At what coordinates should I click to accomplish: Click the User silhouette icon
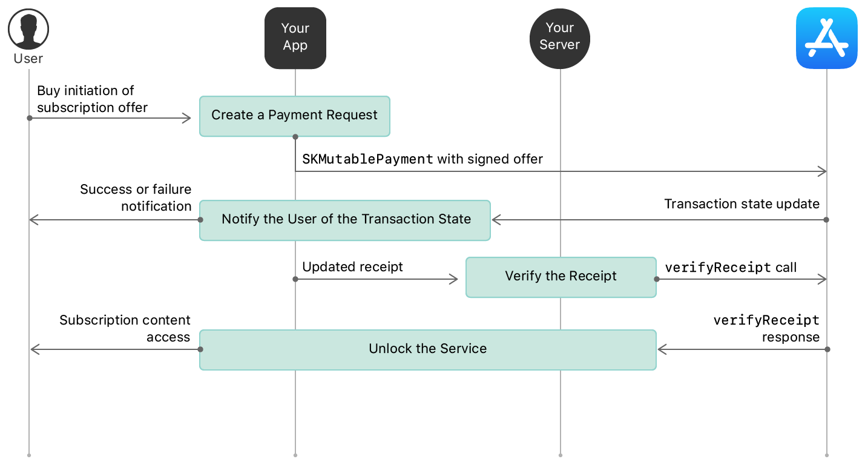(x=28, y=29)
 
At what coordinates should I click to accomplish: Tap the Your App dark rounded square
(x=295, y=38)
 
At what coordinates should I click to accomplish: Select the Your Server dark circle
(x=560, y=38)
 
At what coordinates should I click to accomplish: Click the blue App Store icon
(x=827, y=38)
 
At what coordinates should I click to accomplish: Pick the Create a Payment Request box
(x=295, y=116)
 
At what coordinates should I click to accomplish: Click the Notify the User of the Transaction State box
(x=345, y=220)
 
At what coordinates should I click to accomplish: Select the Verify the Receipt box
(x=561, y=277)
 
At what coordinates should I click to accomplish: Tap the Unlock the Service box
(x=428, y=349)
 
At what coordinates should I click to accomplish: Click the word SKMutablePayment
(x=367, y=159)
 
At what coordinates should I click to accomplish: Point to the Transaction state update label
(x=742, y=204)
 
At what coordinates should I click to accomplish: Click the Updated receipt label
(x=352, y=267)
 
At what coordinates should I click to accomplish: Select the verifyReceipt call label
(x=731, y=267)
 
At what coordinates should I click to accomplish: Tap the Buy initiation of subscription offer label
(x=92, y=99)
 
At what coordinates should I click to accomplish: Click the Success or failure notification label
(x=136, y=197)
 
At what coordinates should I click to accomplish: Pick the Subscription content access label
(x=125, y=328)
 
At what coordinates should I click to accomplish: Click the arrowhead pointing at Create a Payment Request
(x=187, y=118)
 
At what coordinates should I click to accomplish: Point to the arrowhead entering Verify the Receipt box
(x=454, y=279)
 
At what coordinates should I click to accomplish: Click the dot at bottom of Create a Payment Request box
(x=295, y=137)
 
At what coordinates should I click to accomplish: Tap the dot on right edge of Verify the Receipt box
(x=657, y=279)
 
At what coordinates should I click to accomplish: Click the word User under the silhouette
(x=28, y=59)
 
